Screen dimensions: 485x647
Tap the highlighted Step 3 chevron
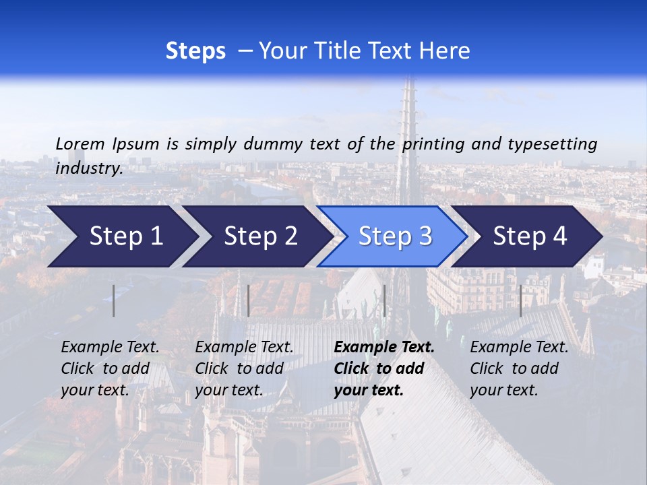[394, 236]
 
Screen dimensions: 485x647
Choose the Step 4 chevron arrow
[529, 236]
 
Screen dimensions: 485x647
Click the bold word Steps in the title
[195, 51]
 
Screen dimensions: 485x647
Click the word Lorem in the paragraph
[80, 144]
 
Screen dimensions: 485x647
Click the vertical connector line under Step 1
[113, 300]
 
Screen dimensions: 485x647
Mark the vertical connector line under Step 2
[249, 300]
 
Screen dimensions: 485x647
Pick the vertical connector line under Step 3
[384, 300]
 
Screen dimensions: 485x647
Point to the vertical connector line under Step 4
[520, 300]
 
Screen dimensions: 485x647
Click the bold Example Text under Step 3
[384, 348]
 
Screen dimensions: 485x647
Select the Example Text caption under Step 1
[110, 348]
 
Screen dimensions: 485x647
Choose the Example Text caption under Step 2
[244, 348]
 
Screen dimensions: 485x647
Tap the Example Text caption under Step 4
[519, 348]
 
